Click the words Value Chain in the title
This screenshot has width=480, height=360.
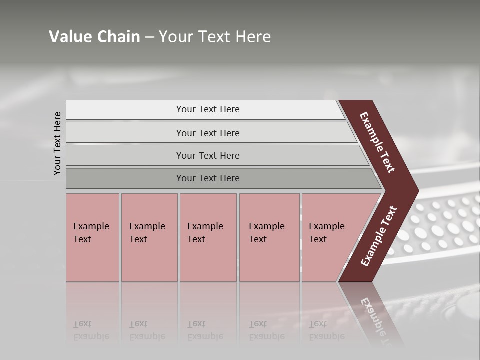tap(94, 37)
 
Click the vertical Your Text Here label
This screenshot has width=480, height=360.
tap(57, 143)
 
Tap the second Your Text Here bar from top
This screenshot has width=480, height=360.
tap(208, 133)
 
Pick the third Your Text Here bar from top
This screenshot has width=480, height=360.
tap(208, 155)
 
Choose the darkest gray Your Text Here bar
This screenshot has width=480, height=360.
tap(208, 178)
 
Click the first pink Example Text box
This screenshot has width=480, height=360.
tap(92, 237)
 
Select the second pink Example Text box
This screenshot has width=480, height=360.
tap(149, 237)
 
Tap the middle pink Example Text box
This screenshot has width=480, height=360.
tap(208, 237)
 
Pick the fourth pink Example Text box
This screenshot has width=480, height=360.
tap(269, 237)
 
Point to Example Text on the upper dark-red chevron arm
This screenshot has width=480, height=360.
tap(377, 142)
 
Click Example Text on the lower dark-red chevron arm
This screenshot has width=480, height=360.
tap(379, 236)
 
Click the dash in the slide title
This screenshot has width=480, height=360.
tap(149, 37)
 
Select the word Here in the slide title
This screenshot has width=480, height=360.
tap(253, 37)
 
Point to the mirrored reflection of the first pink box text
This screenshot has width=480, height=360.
tap(91, 330)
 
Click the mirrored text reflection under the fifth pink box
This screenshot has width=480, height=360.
tap(326, 330)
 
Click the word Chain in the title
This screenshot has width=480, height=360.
tap(118, 37)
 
